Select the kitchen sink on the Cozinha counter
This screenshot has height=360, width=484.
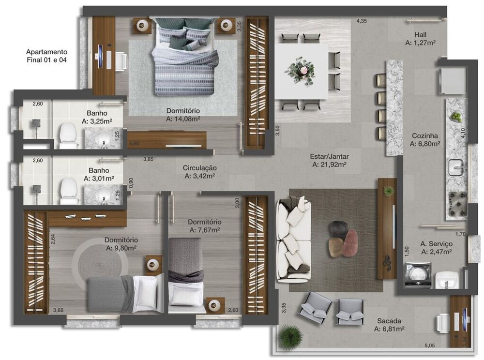point(456,167)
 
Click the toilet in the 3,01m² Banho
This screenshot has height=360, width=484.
point(69,190)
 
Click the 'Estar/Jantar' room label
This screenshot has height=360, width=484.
point(329,156)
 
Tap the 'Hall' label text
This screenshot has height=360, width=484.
point(420,34)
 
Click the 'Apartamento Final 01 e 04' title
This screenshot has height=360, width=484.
point(46,56)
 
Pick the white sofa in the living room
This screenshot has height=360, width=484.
point(293,240)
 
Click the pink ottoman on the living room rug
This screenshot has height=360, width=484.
point(350,242)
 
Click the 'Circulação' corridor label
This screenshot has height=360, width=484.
point(199,168)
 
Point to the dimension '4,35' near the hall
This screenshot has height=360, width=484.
point(362,21)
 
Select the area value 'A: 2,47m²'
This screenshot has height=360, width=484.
point(436,252)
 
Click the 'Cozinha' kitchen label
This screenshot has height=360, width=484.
point(424,136)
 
